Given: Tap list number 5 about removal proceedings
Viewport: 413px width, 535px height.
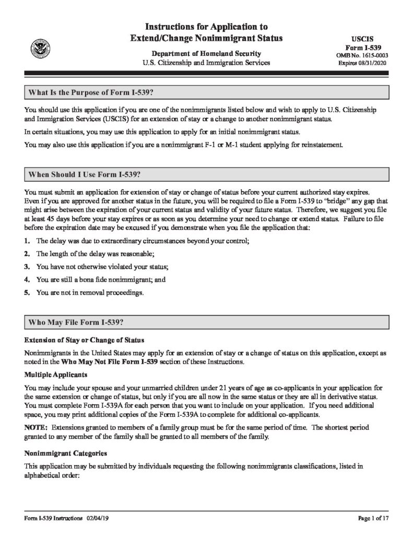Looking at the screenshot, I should coord(27,293).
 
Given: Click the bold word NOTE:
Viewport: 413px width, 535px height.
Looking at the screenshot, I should coord(35,427).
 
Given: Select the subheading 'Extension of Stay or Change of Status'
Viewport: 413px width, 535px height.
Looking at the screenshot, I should coord(81,340).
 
